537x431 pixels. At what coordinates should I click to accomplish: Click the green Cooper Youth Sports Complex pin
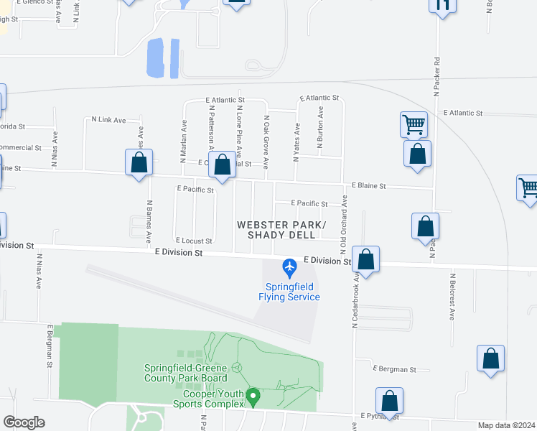[252, 395]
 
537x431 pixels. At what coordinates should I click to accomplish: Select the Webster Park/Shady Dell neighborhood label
[281, 230]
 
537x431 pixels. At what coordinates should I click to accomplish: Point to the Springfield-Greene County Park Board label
[185, 373]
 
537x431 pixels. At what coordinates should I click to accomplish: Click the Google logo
[24, 422]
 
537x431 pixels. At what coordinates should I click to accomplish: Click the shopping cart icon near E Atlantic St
[414, 124]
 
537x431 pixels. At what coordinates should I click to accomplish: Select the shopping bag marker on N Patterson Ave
[223, 164]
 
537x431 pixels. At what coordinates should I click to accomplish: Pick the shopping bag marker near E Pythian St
[389, 400]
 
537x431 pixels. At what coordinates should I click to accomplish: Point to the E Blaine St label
[368, 186]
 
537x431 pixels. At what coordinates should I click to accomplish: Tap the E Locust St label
[194, 241]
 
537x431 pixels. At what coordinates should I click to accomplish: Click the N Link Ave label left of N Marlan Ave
[108, 119]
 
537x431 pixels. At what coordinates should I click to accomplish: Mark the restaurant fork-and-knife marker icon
[442, 5]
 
